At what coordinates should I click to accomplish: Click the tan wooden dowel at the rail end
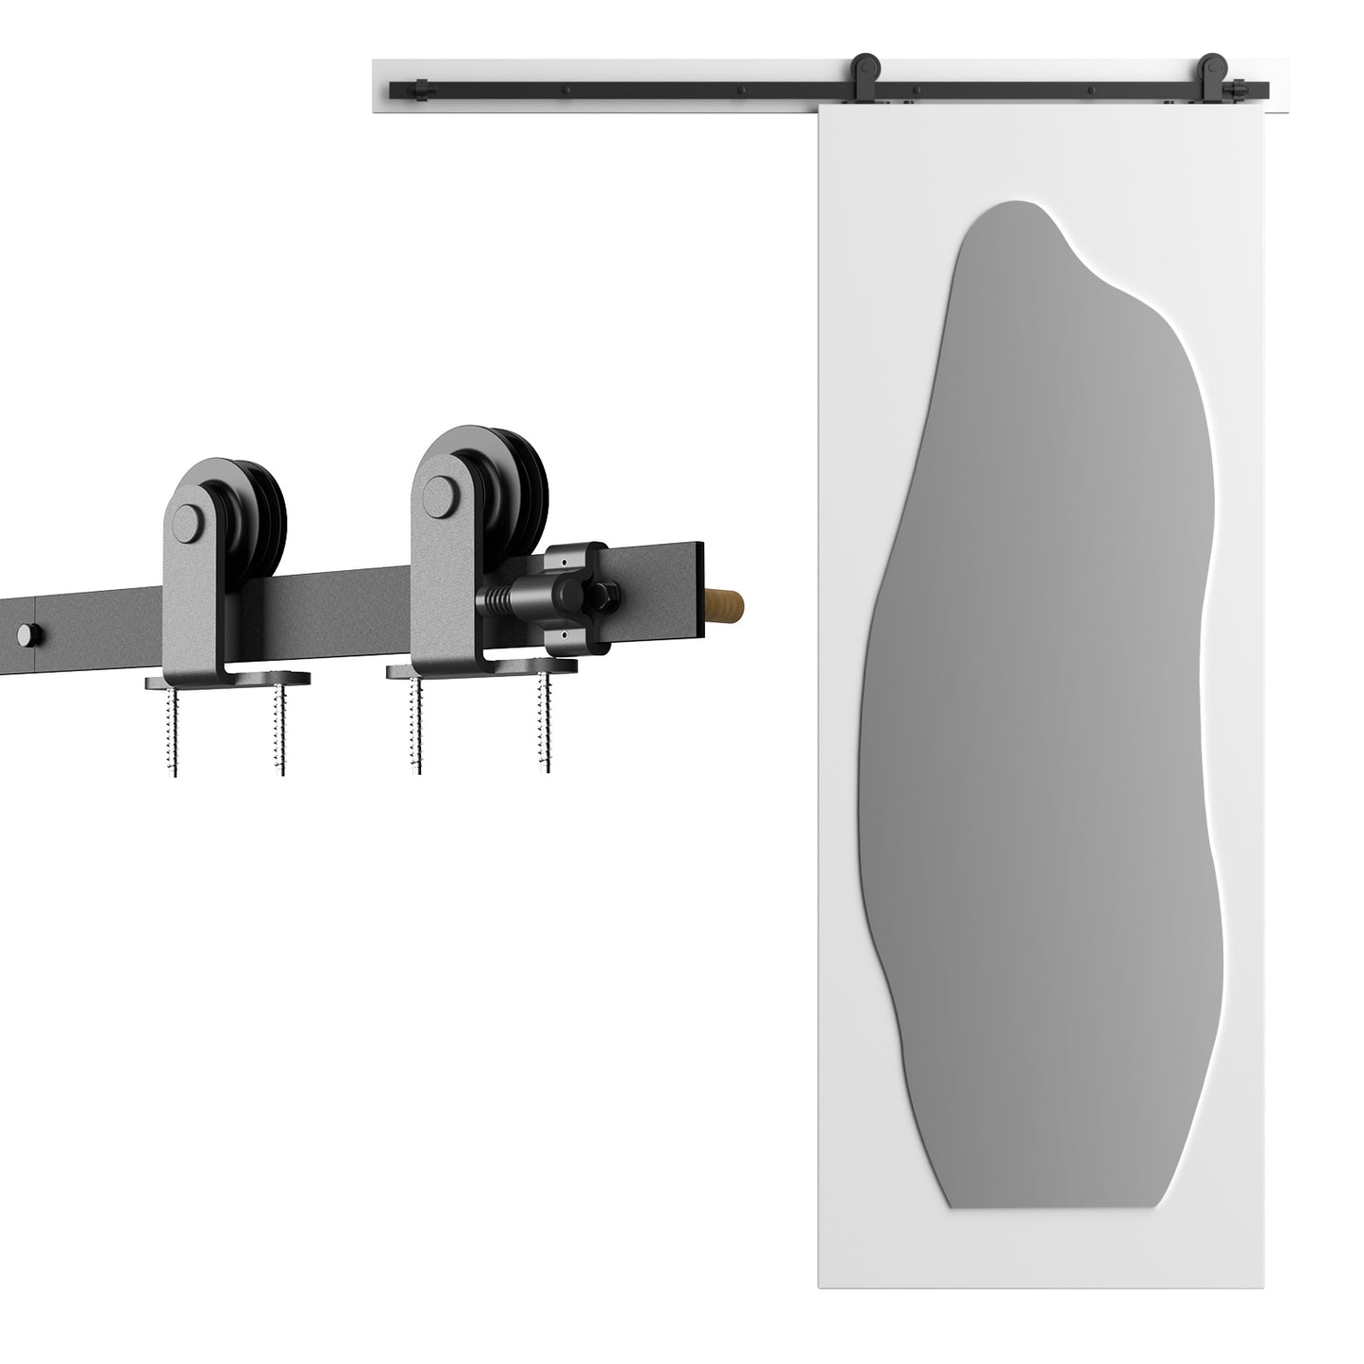pos(727,602)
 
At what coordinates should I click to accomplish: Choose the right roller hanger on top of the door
pos(1210,75)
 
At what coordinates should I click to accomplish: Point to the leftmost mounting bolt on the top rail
pos(564,92)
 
